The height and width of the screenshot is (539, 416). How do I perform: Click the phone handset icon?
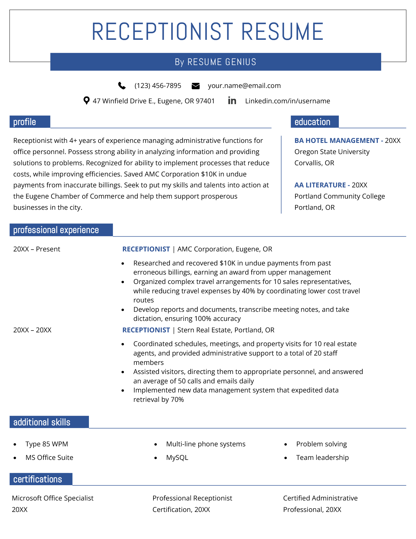122,86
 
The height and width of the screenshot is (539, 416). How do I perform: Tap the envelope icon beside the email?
196,86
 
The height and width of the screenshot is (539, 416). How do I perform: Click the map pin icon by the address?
86,100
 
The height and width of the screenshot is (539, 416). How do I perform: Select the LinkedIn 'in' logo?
232,100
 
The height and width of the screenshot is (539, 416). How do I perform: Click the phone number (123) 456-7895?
158,86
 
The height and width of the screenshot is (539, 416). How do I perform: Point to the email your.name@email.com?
244,86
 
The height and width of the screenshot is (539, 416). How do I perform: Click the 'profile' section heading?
25,122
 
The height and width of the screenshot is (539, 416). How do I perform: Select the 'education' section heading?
312,122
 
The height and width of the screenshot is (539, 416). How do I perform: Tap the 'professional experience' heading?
56,230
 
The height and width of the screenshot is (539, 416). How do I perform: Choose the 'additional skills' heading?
42,422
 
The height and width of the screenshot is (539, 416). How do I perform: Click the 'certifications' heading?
38,479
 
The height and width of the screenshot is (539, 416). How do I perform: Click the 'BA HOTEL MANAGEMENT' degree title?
336,141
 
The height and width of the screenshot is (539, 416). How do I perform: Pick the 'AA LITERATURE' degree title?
320,185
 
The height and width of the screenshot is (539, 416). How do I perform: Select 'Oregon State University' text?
332,152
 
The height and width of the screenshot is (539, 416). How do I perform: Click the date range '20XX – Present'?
37,249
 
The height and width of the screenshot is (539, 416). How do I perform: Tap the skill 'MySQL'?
177,458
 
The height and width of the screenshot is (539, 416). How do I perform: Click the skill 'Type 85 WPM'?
47,444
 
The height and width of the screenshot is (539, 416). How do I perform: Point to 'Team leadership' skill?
322,458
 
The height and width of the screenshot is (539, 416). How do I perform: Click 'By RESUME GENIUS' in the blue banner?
216,62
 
